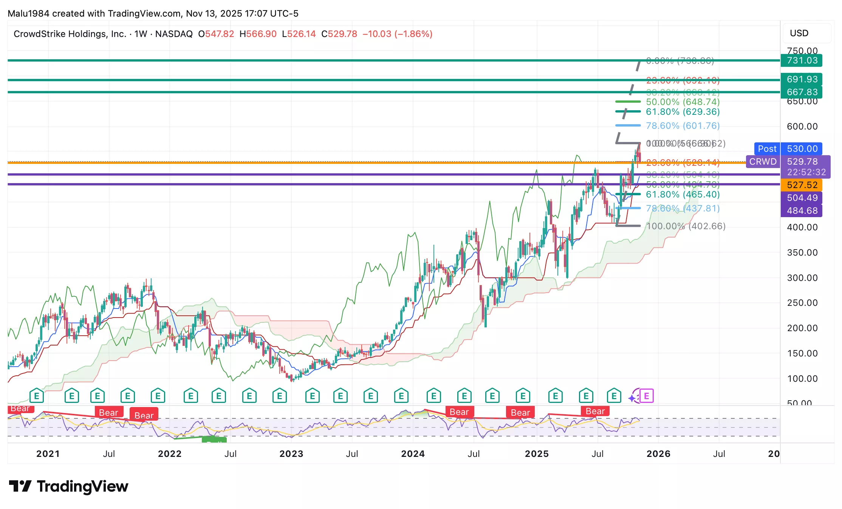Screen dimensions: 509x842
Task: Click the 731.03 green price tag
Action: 802,60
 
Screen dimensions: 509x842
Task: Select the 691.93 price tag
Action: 802,79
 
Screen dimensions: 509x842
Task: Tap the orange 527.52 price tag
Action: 802,185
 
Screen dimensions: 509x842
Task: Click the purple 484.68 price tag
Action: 802,211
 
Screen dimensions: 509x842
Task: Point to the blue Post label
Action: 767,149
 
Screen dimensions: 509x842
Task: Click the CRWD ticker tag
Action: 763,162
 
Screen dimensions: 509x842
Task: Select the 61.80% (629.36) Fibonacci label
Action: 683,112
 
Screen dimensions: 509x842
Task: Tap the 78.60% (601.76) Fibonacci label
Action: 683,126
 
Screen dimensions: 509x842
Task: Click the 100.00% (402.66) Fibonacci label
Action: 686,226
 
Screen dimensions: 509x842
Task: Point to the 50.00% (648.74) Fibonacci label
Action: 683,102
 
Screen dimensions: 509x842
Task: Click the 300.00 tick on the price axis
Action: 802,278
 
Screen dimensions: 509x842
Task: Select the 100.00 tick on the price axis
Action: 802,379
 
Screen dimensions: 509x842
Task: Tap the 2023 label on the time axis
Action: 291,454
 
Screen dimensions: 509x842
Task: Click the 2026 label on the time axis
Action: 658,454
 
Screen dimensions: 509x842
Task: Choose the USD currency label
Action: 799,33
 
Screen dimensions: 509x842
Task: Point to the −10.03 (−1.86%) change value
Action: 397,34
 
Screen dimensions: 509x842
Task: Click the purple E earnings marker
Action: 647,396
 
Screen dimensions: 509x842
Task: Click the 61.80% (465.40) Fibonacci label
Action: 683,194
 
